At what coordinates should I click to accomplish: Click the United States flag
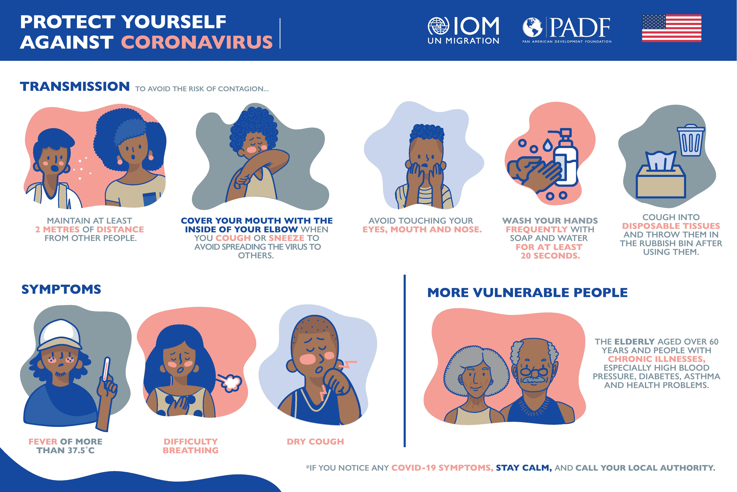pyautogui.click(x=672, y=28)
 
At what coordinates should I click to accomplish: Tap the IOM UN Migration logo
pyautogui.click(x=463, y=30)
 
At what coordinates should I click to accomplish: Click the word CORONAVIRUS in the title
pyautogui.click(x=197, y=42)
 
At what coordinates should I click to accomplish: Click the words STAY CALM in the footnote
pyautogui.click(x=524, y=468)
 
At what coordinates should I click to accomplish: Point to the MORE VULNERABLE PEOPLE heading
pyautogui.click(x=527, y=292)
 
